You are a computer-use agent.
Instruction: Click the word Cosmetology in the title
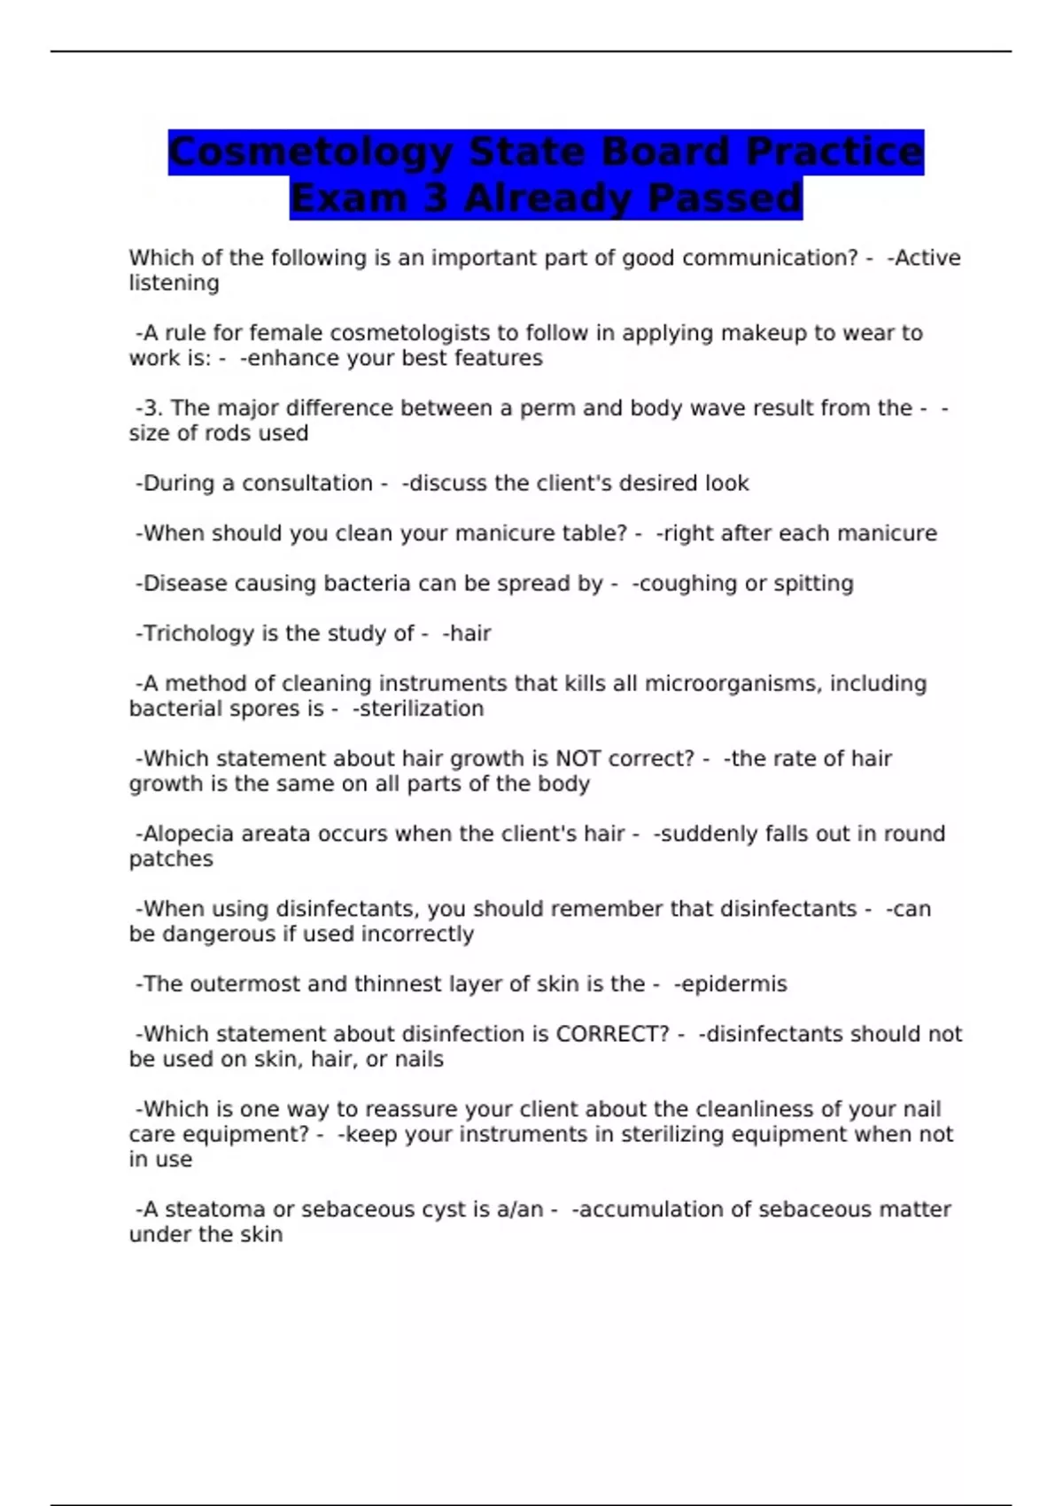coord(310,152)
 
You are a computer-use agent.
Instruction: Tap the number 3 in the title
coord(435,198)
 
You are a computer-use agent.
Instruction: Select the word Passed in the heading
coord(724,198)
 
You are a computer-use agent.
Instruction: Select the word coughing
coord(687,584)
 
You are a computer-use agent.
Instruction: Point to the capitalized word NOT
coord(578,759)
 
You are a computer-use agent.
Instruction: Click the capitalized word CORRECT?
coord(612,1035)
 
